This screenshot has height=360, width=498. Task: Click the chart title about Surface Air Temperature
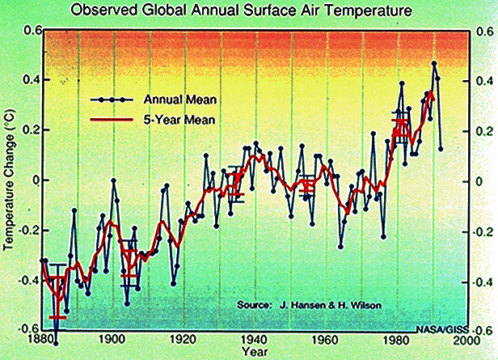coord(246,11)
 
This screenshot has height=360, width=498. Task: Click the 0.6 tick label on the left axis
coord(32,31)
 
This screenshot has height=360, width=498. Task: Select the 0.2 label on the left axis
coord(32,129)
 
